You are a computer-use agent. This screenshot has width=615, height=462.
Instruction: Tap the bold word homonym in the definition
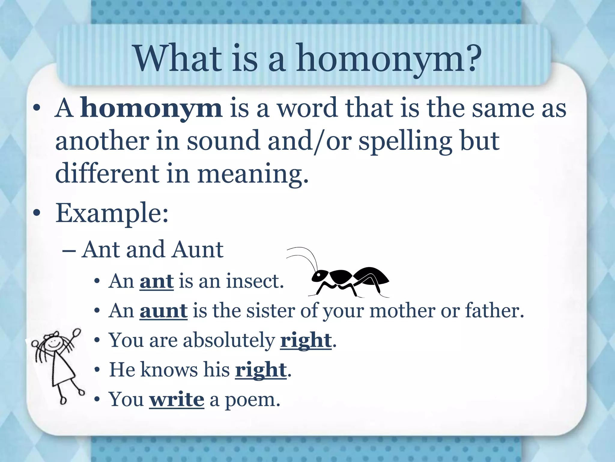152,108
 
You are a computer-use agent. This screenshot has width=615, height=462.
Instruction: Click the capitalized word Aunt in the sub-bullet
198,249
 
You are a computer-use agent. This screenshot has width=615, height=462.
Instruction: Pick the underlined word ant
156,281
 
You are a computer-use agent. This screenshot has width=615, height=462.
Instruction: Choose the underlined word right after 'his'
260,370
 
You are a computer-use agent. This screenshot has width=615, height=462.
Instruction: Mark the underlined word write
177,399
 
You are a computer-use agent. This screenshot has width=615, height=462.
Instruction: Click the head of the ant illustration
320,275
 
